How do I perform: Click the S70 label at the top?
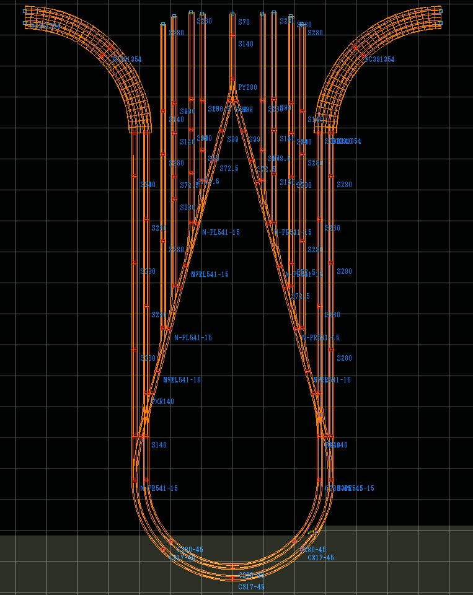[244, 22]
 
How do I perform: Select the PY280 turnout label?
[247, 87]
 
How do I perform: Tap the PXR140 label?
[162, 402]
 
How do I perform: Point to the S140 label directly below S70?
[245, 44]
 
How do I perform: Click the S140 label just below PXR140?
[159, 445]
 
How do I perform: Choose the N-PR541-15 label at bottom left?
[159, 488]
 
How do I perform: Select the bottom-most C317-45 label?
[251, 587]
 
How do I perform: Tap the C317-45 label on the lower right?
[320, 558]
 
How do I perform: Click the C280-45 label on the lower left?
[190, 550]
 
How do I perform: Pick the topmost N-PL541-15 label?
[221, 232]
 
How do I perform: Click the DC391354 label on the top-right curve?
[379, 59]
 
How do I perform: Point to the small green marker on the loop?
[312, 532]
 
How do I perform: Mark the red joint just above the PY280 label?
[232, 79]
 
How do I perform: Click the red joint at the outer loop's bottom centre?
[232, 578]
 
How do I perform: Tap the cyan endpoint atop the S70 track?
[232, 13]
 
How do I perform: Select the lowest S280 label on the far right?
[344, 358]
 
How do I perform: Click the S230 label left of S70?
[203, 21]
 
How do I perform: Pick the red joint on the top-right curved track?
[356, 47]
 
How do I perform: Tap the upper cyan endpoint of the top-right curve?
[440, 9]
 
